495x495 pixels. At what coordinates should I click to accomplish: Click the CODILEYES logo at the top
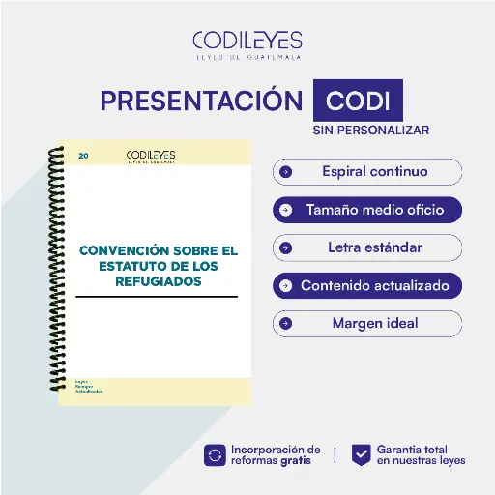click(247, 43)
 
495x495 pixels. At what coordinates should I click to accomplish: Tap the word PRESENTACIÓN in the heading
click(201, 101)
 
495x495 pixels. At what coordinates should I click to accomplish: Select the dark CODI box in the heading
click(358, 101)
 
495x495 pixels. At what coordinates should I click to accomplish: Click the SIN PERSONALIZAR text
click(370, 130)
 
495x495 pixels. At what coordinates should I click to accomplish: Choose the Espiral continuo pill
click(366, 172)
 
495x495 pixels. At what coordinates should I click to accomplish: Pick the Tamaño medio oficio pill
click(366, 209)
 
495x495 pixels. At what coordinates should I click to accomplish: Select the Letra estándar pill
click(366, 247)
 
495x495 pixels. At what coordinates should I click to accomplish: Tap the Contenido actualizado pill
click(366, 286)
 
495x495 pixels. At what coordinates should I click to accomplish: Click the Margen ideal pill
click(366, 323)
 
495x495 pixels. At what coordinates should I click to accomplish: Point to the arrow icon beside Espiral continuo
click(285, 172)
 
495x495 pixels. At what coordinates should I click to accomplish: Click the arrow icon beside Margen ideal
click(285, 323)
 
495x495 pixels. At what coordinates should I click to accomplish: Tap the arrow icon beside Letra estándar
click(285, 247)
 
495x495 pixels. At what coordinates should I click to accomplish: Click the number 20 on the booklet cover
click(83, 155)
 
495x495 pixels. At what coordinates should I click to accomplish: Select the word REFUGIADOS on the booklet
click(157, 281)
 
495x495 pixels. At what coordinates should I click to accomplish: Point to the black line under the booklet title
click(157, 296)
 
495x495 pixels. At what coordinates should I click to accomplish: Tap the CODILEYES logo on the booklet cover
click(151, 156)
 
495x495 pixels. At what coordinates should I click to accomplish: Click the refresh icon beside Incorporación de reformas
click(216, 454)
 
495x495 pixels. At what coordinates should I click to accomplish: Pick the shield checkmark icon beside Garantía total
click(362, 454)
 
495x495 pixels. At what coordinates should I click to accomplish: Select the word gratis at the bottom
click(298, 461)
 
